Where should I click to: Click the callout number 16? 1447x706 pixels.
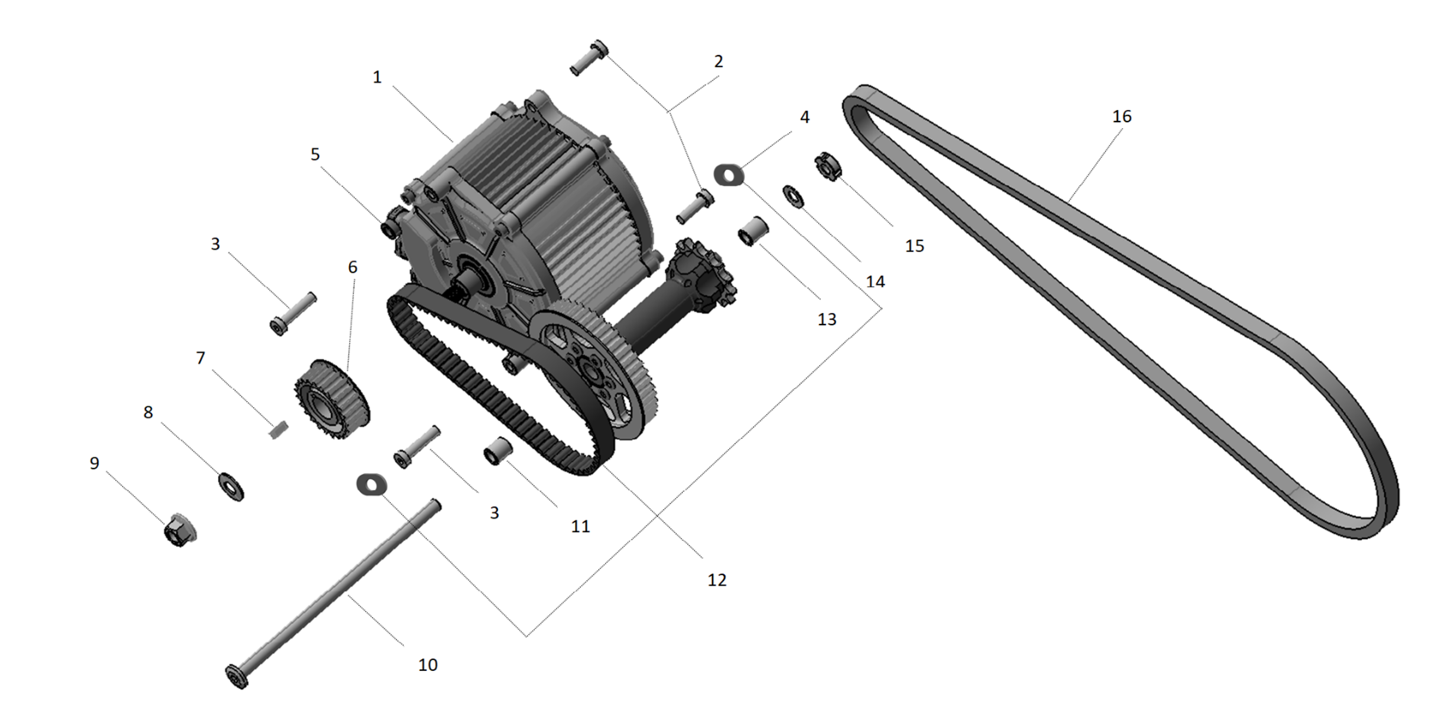(1121, 116)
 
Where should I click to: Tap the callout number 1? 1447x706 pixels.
(377, 77)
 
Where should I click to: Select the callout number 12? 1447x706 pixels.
(717, 580)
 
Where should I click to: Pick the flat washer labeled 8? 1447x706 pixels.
(230, 486)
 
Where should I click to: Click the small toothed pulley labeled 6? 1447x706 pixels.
(331, 399)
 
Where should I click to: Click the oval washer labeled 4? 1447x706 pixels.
(729, 175)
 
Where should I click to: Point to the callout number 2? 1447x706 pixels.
(718, 61)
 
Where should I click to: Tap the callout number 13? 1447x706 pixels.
(826, 319)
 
